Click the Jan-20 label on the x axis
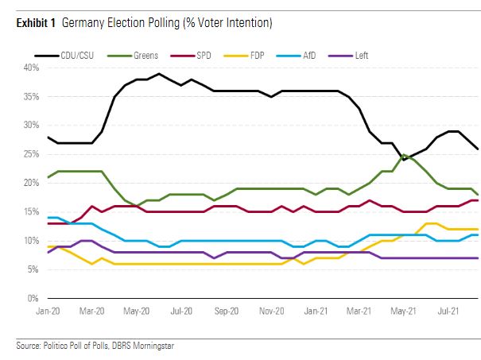[49, 312]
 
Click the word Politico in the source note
[62, 345]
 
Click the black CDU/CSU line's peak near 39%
[159, 74]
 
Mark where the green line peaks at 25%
[405, 155]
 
